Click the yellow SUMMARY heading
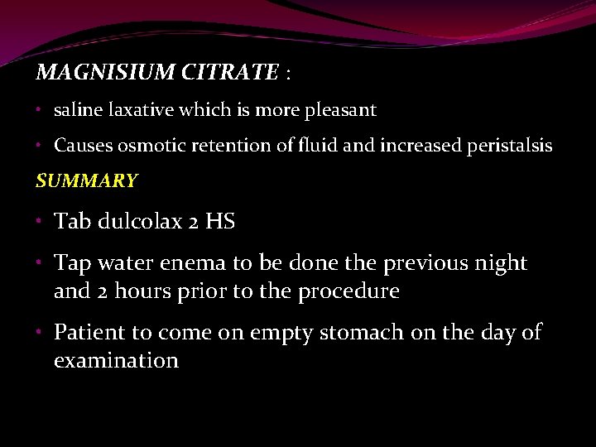(86, 180)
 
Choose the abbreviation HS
(220, 221)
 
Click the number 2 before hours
(103, 291)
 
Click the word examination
(116, 361)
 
